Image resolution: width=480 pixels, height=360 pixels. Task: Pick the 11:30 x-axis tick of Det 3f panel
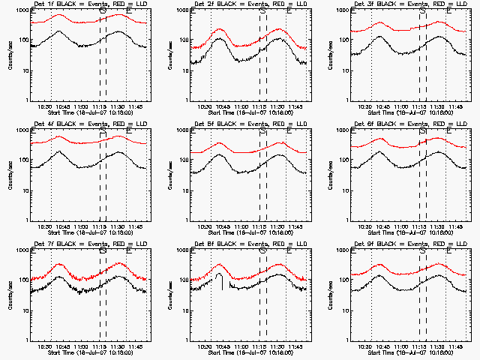click(x=436, y=106)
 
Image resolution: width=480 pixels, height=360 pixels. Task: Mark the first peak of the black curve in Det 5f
click(x=220, y=155)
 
